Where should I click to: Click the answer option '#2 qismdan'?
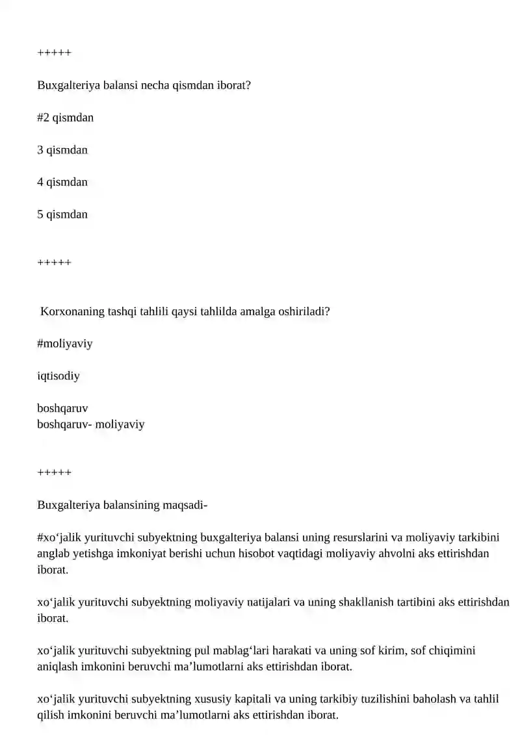coord(65,118)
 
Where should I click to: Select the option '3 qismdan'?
coord(62,150)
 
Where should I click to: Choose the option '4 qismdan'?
coord(62,182)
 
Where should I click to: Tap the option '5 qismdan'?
coord(62,214)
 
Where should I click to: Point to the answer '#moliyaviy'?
coord(64,343)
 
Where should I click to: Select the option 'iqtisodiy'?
coord(58,376)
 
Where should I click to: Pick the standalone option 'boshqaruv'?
coord(62,408)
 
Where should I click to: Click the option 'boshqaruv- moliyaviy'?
coord(90,424)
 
